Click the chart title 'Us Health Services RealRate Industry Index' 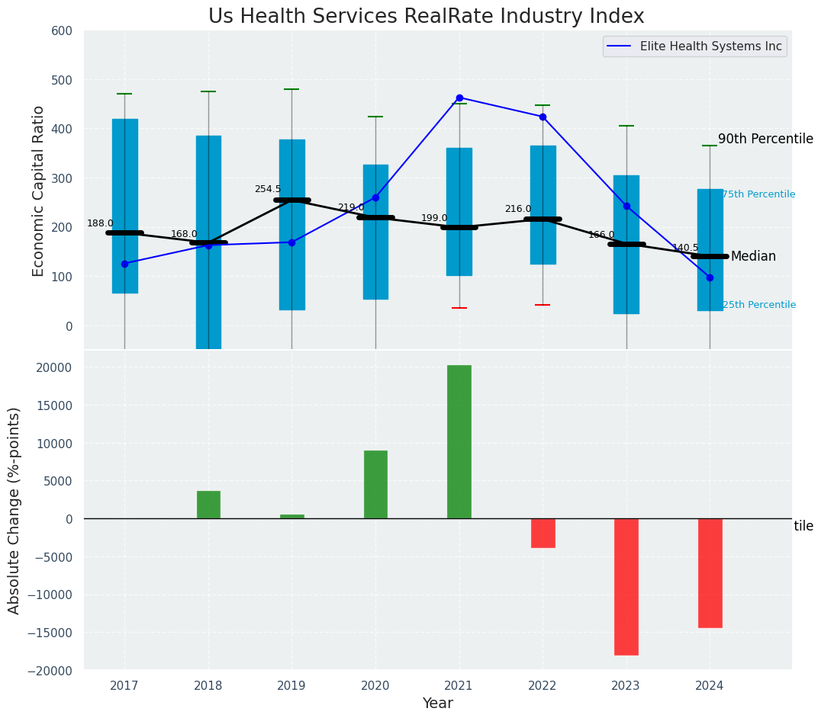(x=426, y=17)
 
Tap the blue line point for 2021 (x=459, y=98)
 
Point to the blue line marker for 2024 (x=710, y=277)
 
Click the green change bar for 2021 (x=459, y=442)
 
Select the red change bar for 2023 (x=626, y=587)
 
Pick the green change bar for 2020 (x=375, y=485)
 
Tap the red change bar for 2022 (x=543, y=533)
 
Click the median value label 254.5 (x=268, y=189)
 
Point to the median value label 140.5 (x=685, y=248)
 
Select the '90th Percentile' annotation (x=765, y=139)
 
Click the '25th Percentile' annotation (x=758, y=305)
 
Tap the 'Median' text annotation (x=753, y=257)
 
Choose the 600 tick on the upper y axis (x=61, y=30)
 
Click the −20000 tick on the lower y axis (x=51, y=670)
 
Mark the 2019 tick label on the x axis (x=291, y=686)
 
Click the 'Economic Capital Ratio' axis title (x=39, y=191)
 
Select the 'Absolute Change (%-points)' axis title (x=14, y=510)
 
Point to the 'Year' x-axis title (x=438, y=704)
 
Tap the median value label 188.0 (x=100, y=223)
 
